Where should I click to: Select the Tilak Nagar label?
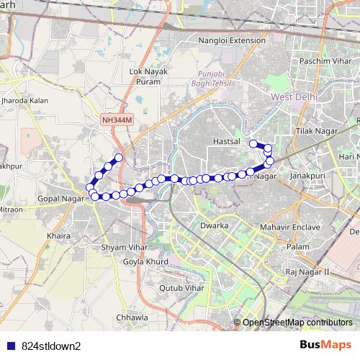(315, 132)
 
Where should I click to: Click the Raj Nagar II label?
(307, 272)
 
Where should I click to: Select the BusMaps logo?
(325, 346)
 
